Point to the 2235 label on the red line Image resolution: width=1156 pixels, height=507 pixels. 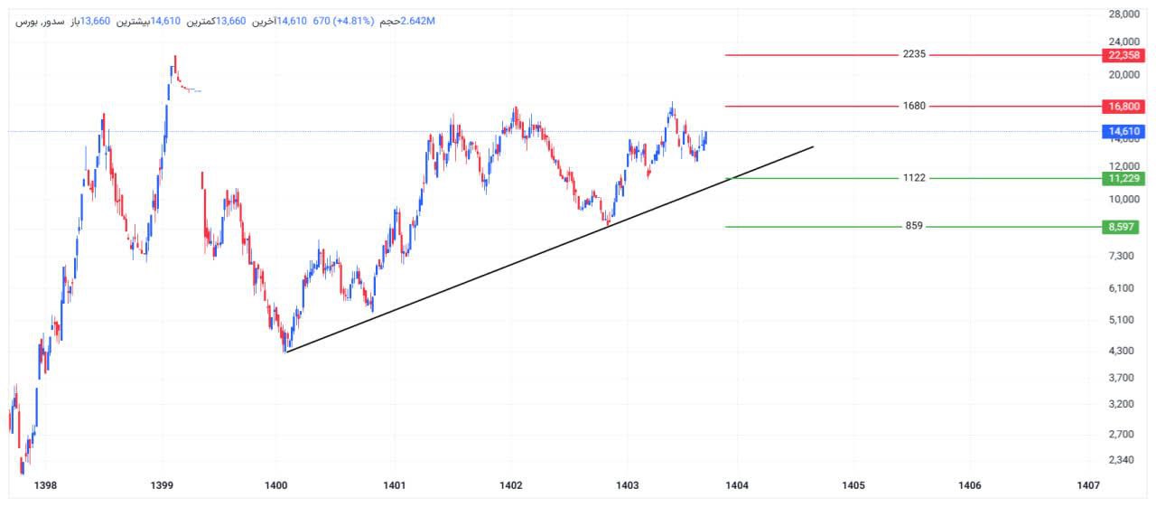tap(914, 55)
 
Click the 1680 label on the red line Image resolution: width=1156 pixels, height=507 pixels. tap(914, 107)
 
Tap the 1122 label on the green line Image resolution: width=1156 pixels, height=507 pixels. tap(914, 179)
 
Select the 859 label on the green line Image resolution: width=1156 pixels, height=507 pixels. tap(914, 227)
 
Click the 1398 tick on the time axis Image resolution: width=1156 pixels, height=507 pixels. tap(44, 486)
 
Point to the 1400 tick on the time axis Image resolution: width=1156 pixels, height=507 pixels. tap(276, 486)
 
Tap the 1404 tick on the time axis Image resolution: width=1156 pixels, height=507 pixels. tap(737, 486)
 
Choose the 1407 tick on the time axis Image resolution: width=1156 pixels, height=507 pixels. tap(1088, 486)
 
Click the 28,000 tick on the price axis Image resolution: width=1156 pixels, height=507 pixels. tap(1125, 14)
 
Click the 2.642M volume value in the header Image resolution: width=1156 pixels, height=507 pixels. tap(417, 21)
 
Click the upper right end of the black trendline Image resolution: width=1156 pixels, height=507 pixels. tap(813, 146)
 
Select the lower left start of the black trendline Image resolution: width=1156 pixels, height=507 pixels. tap(285, 352)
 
